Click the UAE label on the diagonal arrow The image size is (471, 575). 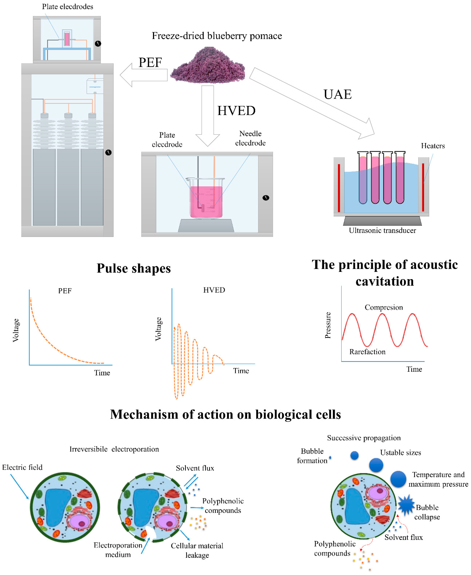pos(338,94)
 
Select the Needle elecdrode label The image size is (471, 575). pos(250,138)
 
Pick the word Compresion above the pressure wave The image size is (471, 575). pos(383,307)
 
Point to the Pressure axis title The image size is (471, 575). pos(328,325)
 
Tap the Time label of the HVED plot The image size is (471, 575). pos(241,371)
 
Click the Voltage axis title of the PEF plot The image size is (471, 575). pos(16,330)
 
